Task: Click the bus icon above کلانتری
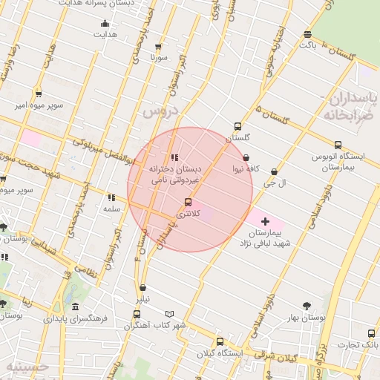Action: [x=187, y=202]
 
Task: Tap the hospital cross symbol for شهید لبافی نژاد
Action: [x=265, y=221]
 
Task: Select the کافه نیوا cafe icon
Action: [x=246, y=157]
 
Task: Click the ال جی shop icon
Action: [x=274, y=171]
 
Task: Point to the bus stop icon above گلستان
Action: [x=237, y=126]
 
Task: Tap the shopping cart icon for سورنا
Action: [x=158, y=46]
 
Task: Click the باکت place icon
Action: [x=307, y=34]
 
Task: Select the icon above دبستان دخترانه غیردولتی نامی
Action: [x=174, y=157]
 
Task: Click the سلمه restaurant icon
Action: [x=111, y=197]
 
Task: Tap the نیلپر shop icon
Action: [x=142, y=288]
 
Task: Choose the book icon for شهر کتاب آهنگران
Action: [x=170, y=314]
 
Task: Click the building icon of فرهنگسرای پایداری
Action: [x=76, y=307]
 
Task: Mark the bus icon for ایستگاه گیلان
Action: [x=219, y=341]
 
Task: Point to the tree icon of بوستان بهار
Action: [x=307, y=306]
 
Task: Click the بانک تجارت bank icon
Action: [x=372, y=333]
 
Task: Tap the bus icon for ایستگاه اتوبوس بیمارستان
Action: [x=338, y=145]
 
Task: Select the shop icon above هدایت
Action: [x=105, y=23]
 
